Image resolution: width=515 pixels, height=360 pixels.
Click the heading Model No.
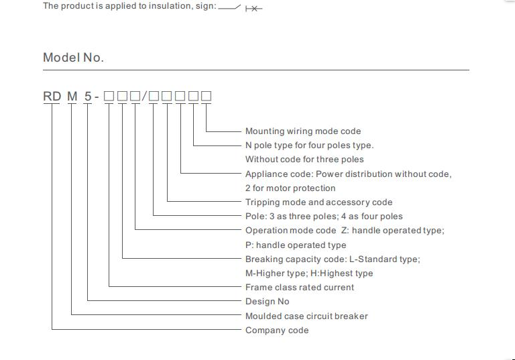tap(73, 58)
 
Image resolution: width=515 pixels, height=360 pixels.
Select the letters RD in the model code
tap(52, 97)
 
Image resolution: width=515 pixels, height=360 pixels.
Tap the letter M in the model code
tap(72, 97)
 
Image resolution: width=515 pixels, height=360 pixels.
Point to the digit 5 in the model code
tap(88, 97)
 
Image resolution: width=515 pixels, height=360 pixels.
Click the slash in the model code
tap(145, 97)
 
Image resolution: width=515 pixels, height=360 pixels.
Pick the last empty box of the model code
tap(206, 97)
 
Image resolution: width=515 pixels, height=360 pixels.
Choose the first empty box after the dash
tap(109, 97)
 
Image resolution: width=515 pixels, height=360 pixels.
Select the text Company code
tap(277, 330)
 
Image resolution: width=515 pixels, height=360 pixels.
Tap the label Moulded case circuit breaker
tap(306, 316)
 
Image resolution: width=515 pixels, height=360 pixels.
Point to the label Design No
tap(268, 302)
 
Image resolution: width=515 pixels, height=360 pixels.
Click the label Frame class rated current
tap(300, 288)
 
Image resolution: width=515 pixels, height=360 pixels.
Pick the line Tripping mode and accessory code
tap(319, 202)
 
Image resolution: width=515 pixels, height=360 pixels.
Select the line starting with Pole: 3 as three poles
tap(324, 217)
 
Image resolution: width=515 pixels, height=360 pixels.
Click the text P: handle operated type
tap(296, 245)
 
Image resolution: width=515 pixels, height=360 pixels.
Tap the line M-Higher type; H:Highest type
tap(309, 274)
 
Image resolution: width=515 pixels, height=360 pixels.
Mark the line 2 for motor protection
tap(290, 188)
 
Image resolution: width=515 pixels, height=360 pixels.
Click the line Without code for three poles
tap(304, 160)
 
